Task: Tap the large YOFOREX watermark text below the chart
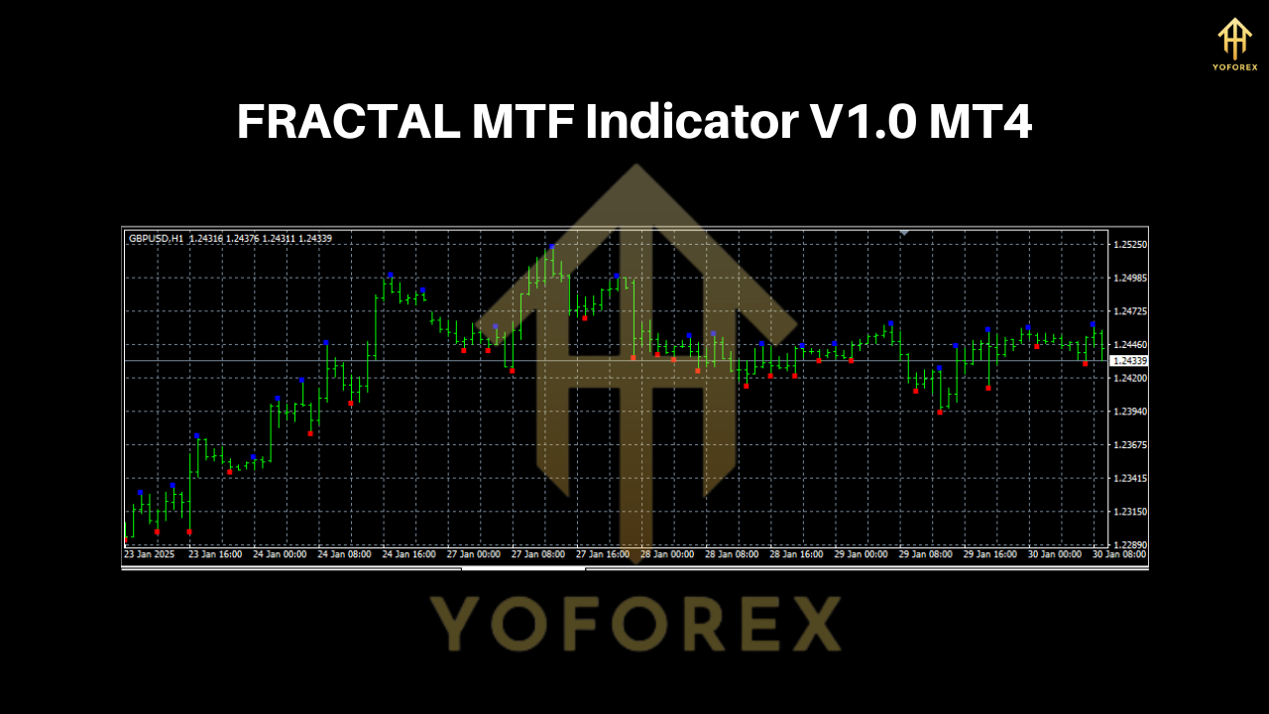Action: tap(634, 623)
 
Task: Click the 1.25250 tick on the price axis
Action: tap(1130, 244)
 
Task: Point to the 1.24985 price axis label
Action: tap(1130, 278)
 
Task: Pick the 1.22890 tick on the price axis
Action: tap(1130, 545)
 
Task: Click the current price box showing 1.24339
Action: tap(1130, 361)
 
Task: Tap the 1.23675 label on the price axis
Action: tap(1130, 445)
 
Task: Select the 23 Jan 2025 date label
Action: tap(149, 554)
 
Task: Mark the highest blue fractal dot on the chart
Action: tap(551, 246)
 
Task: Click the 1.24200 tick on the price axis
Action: tap(1130, 378)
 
